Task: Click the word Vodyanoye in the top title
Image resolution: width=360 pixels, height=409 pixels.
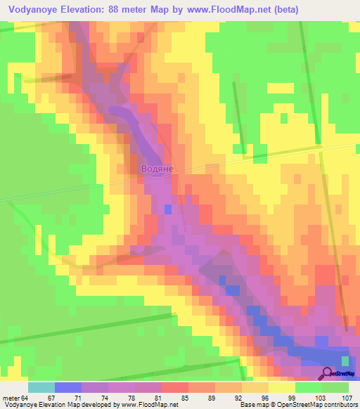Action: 36,10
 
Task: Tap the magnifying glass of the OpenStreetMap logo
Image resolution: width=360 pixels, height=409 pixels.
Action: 328,373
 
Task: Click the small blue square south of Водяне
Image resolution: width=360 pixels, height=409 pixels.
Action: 167,209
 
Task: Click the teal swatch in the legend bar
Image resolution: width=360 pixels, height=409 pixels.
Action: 41,387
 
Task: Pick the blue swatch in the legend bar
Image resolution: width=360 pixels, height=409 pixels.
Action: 68,387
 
